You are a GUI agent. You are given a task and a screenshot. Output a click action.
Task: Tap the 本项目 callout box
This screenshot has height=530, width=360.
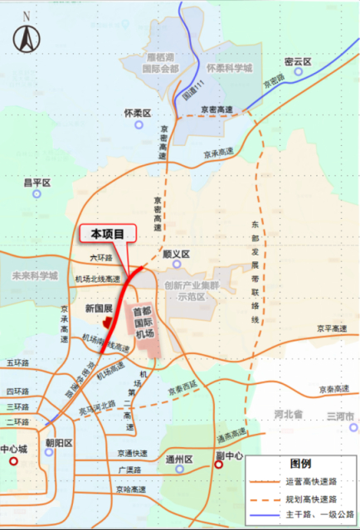[x=107, y=235]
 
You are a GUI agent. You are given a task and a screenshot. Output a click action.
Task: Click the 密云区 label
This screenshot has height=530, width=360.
[x=296, y=62]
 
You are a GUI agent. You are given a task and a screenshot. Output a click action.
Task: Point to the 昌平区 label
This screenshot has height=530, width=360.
[x=37, y=182]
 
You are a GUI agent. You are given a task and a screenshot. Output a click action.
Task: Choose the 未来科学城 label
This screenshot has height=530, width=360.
[x=30, y=276]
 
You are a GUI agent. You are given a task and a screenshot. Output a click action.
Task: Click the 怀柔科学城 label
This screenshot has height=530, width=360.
[x=229, y=68]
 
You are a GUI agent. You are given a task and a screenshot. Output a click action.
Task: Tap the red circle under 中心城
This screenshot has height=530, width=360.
[x=13, y=460]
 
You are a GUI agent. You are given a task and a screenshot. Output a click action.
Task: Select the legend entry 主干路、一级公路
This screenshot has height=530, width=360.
[x=316, y=517]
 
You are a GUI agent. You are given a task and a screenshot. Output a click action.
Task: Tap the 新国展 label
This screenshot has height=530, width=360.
[x=99, y=308]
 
